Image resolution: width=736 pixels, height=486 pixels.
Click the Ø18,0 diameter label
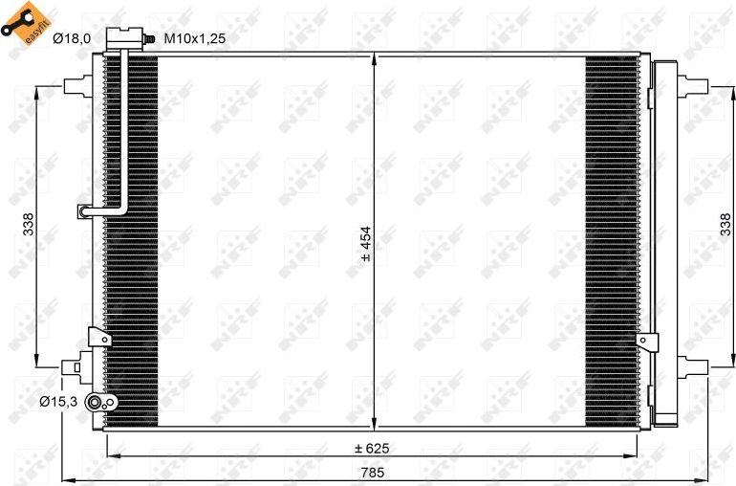point(72,38)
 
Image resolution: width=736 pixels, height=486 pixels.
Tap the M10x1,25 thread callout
point(194,39)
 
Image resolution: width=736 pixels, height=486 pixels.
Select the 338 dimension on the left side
point(29,225)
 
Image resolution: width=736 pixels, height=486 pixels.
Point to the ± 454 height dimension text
point(365,243)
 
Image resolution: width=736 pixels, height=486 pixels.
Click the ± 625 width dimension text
point(373,447)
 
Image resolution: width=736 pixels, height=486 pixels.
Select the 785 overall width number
point(373,471)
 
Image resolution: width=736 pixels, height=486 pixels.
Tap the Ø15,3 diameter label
point(57,403)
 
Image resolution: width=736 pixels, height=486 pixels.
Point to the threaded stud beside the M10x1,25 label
point(151,39)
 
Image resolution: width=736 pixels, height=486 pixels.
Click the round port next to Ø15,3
point(97,404)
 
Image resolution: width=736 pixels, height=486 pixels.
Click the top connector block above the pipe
point(122,39)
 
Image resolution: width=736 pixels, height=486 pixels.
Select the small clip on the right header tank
point(648,341)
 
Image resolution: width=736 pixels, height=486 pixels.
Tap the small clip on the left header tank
point(97,337)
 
